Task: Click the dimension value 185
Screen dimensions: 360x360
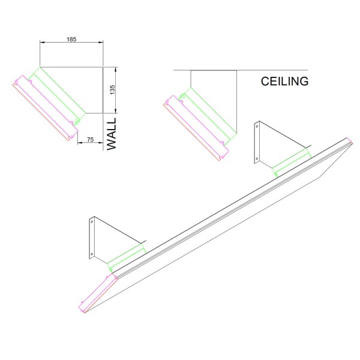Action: pyautogui.click(x=71, y=39)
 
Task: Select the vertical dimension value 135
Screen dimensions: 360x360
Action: pyautogui.click(x=112, y=90)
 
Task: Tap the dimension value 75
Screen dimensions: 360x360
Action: pyautogui.click(x=90, y=139)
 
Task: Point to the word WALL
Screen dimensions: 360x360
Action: pyautogui.click(x=112, y=134)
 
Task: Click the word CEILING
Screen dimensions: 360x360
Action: pyautogui.click(x=284, y=81)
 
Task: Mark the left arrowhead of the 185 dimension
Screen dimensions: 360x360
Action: pyautogui.click(x=42, y=42)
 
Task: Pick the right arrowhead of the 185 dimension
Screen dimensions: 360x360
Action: pyautogui.click(x=101, y=42)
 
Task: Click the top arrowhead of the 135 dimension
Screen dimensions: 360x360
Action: pyautogui.click(x=115, y=70)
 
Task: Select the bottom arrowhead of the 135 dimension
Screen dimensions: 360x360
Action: pyautogui.click(x=115, y=110)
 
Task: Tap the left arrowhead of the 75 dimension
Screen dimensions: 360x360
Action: pyautogui.click(x=80, y=143)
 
